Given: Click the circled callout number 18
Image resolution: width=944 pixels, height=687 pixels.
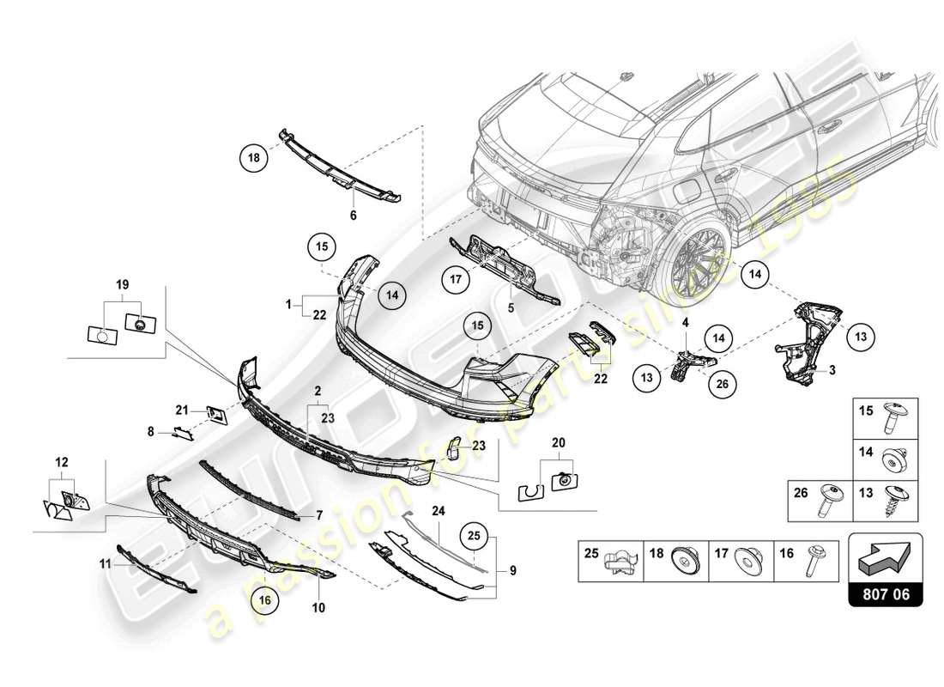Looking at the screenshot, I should coord(254,159).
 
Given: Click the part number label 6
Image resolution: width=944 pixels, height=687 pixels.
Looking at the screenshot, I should coord(353,216).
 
